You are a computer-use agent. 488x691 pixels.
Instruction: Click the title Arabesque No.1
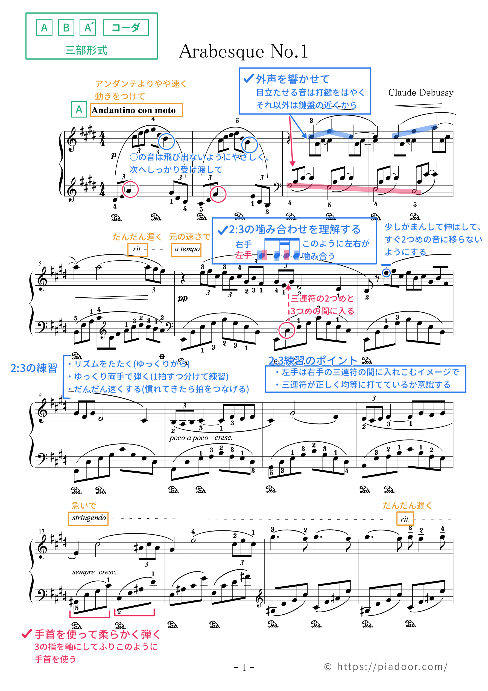click(243, 51)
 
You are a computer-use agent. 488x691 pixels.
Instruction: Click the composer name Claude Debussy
click(420, 92)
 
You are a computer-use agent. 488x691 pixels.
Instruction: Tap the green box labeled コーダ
click(125, 28)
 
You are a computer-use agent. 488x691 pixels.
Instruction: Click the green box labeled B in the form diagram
click(66, 28)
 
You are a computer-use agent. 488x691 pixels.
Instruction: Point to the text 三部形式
click(86, 50)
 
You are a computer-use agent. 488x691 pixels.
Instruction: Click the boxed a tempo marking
click(186, 249)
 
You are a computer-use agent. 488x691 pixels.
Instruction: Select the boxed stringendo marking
click(89, 518)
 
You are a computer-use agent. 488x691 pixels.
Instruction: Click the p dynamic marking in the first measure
click(113, 155)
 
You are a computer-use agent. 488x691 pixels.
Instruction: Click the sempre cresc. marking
click(94, 572)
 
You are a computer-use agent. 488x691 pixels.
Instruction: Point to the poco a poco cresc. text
click(201, 438)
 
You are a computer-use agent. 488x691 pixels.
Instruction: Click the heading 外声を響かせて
click(293, 79)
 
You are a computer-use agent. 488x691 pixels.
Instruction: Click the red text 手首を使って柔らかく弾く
click(97, 634)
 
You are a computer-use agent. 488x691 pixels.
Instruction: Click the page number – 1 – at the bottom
click(244, 668)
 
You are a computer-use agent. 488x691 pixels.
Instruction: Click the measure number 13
click(42, 531)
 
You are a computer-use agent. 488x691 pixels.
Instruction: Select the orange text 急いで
click(84, 505)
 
